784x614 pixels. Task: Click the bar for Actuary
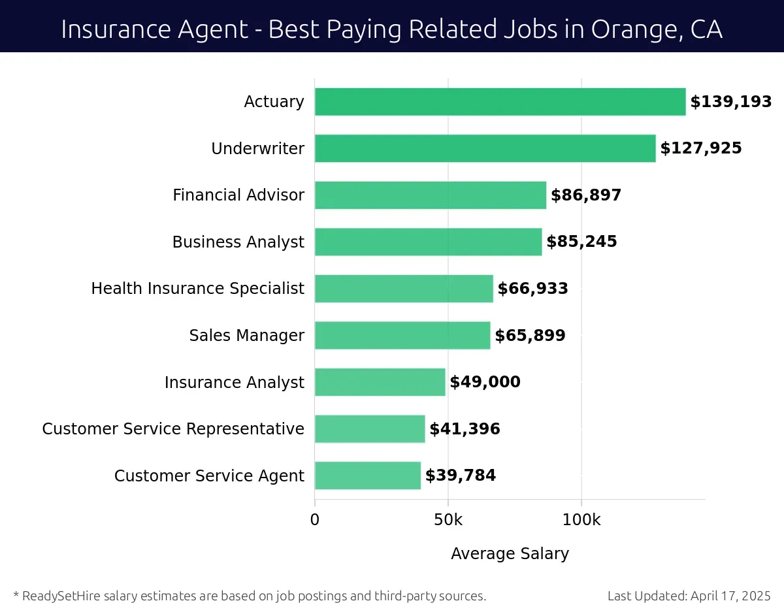point(500,102)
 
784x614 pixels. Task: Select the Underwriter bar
point(485,148)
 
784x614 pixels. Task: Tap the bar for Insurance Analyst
point(380,382)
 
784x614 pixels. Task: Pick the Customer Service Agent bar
point(367,476)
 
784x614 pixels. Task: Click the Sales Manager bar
point(402,335)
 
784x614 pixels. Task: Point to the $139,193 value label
point(731,102)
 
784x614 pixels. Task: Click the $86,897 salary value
point(586,195)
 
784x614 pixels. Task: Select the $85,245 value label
point(581,242)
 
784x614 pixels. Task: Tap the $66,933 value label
point(532,289)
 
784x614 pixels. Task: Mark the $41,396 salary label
point(465,429)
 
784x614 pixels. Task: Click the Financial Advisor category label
point(238,195)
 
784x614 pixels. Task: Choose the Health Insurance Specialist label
point(197,289)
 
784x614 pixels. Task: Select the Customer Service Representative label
point(173,429)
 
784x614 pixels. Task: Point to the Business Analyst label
point(238,242)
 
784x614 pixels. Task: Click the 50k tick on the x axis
point(448,520)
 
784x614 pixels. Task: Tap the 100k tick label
point(581,520)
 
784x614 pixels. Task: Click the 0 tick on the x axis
point(315,520)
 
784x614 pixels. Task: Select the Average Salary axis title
point(510,554)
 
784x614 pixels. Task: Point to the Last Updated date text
point(689,596)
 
